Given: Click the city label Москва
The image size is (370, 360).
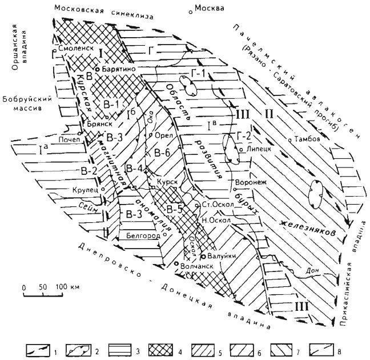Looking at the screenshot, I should click(212, 8).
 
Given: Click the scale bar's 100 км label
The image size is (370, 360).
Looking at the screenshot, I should click(67, 286).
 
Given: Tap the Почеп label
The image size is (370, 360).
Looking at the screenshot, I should click(66, 139).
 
